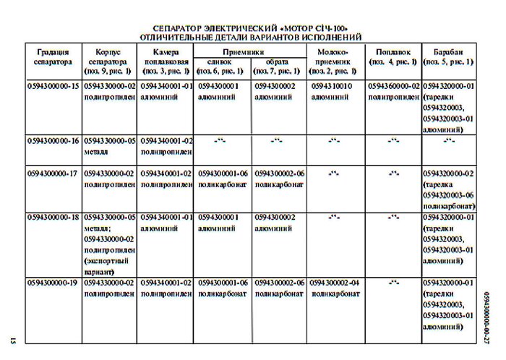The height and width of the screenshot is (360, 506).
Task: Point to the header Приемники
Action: pos(250,52)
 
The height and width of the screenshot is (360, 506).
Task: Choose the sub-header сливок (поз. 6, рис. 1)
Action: pos(223,67)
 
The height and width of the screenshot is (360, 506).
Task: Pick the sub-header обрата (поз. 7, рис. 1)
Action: pos(278,67)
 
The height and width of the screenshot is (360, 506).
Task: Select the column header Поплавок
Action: pos(393,57)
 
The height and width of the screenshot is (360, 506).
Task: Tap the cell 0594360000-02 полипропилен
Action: pos(394,91)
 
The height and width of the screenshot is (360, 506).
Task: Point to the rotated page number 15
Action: pos(13,338)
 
